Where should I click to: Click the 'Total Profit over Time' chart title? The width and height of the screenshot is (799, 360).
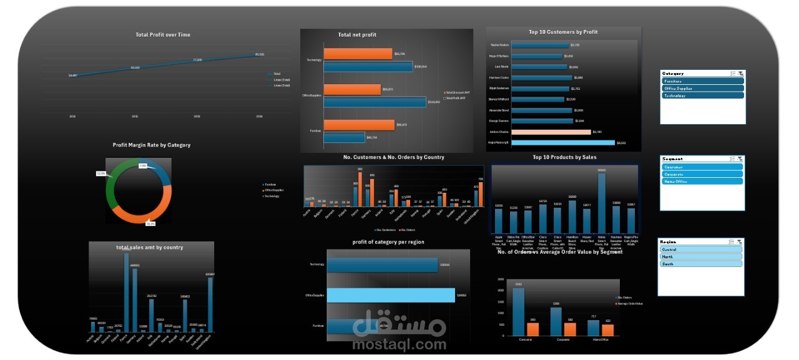click(163, 35)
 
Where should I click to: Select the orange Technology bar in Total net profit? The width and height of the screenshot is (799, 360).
click(358, 54)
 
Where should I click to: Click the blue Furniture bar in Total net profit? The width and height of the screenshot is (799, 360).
click(344, 137)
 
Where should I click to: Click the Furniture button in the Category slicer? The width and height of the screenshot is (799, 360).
click(703, 81)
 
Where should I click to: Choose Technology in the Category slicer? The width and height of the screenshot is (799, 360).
click(703, 95)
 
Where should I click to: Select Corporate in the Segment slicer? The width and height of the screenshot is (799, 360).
click(703, 174)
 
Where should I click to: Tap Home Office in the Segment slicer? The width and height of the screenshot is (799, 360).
click(703, 181)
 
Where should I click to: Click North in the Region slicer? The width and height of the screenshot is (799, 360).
click(700, 256)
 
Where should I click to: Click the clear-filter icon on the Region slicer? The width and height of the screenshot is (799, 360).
click(739, 241)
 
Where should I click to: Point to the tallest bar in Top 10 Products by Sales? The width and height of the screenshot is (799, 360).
click(602, 203)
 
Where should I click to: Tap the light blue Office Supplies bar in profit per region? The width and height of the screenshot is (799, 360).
click(391, 295)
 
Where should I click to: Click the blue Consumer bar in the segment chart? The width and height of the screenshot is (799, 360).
click(519, 311)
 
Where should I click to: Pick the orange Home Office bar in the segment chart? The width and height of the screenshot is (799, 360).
click(607, 330)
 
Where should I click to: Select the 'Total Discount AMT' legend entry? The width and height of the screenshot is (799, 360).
click(458, 92)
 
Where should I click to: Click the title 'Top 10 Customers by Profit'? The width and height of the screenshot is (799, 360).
click(563, 32)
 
